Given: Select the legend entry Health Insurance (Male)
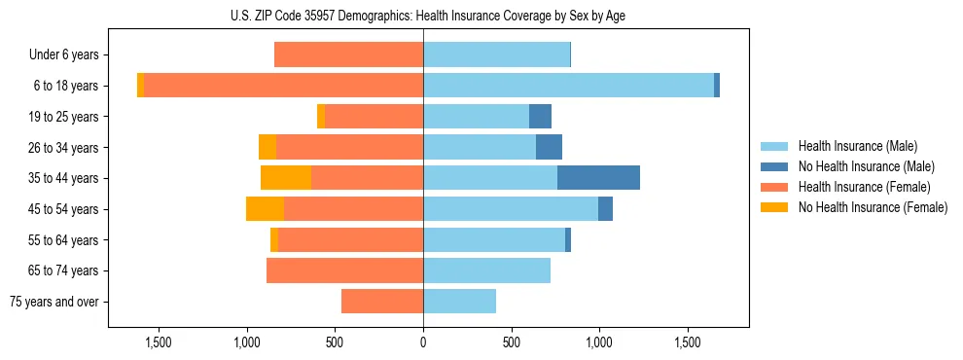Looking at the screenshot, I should (857, 146).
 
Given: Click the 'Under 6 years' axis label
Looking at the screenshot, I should (64, 55).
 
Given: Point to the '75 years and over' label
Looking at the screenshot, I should (54, 302).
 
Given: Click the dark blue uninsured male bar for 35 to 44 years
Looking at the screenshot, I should (598, 178).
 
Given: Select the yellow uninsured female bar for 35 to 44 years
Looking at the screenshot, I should (286, 178).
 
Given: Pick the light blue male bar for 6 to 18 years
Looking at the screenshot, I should (568, 86).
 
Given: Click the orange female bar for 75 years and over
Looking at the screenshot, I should (382, 302).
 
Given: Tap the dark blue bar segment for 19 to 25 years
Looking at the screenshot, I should (540, 117).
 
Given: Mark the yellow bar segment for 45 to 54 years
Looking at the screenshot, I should (265, 209).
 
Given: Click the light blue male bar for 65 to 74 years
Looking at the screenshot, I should (486, 270).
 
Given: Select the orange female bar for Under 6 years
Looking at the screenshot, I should (348, 55).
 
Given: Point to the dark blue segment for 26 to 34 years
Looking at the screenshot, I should (549, 147).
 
